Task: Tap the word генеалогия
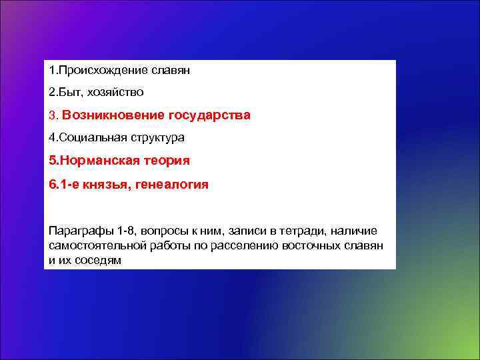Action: (172, 183)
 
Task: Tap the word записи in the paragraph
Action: (247, 231)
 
